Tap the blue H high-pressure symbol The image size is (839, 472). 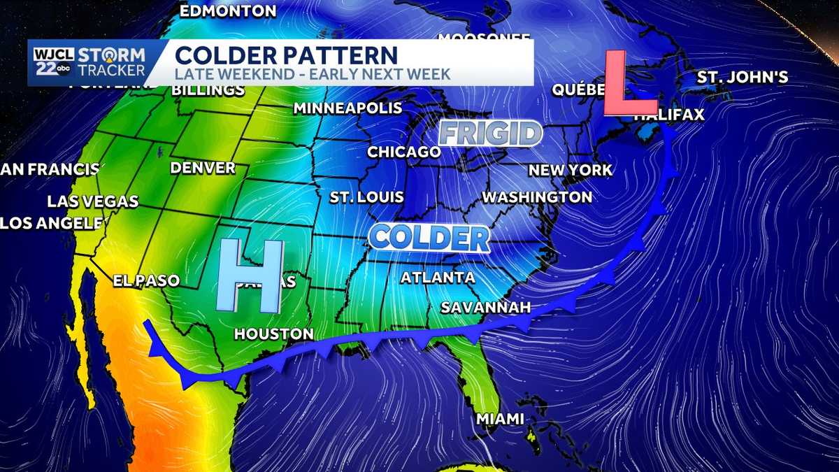(252, 276)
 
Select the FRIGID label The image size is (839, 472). (491, 134)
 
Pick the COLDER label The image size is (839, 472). (429, 238)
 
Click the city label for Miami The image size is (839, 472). (499, 419)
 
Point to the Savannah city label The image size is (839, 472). (485, 308)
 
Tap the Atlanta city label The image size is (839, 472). (438, 278)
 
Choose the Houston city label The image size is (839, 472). (273, 334)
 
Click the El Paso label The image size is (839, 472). (147, 280)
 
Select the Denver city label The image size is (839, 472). (203, 168)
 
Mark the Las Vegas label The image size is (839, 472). (93, 201)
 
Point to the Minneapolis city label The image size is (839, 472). (347, 108)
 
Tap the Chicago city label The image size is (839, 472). (404, 152)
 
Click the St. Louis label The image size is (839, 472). (367, 197)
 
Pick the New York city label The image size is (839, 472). (570, 170)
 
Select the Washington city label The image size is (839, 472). (537, 197)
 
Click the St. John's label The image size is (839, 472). (743, 78)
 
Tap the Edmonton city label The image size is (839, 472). (228, 11)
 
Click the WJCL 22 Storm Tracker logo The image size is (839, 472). (88, 62)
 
